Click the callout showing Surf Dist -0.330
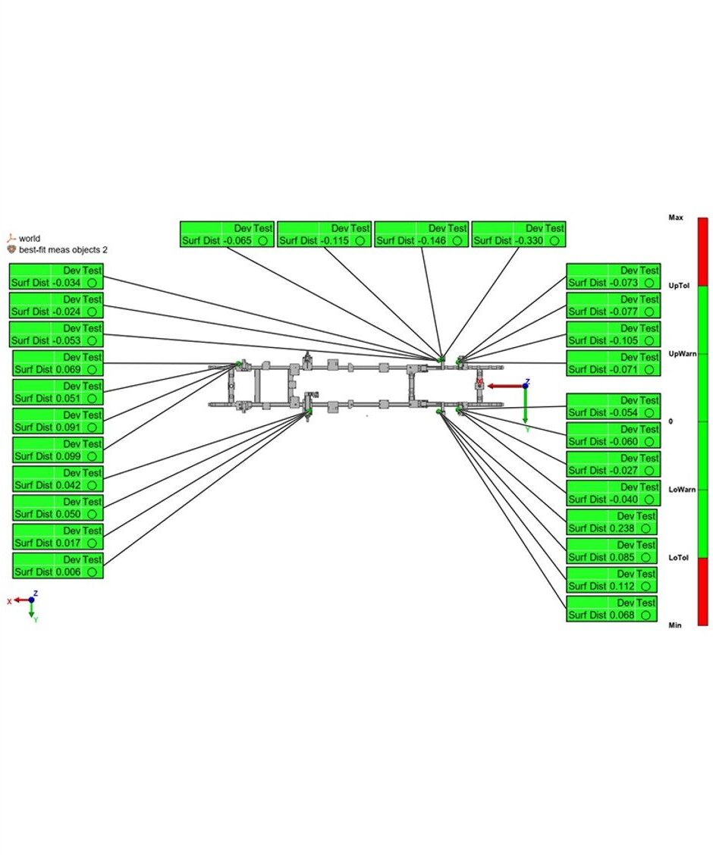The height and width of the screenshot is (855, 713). pos(519,234)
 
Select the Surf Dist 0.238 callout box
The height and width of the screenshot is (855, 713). pos(611,522)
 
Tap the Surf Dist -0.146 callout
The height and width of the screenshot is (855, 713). pos(422,234)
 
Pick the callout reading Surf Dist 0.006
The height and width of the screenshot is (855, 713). pos(58,566)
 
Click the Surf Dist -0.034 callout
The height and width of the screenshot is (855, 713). pos(55,276)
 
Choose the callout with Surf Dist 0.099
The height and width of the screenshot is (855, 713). pos(58,450)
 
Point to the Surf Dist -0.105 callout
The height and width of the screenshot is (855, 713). pos(613,334)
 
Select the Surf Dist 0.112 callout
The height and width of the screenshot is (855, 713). pos(611,580)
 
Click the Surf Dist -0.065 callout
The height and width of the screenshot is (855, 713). pos(227,234)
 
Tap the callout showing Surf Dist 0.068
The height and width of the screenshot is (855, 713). pos(611,609)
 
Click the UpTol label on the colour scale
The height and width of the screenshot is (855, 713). pos(677,285)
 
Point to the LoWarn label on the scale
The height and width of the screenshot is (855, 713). pos(681,490)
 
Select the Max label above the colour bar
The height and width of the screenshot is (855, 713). pos(675,218)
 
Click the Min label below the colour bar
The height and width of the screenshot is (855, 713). pos(674,625)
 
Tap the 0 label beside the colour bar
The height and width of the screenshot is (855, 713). pos(671,421)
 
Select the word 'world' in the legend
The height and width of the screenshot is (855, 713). pos(30,238)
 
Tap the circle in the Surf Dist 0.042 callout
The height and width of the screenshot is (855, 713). pos(91,485)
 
